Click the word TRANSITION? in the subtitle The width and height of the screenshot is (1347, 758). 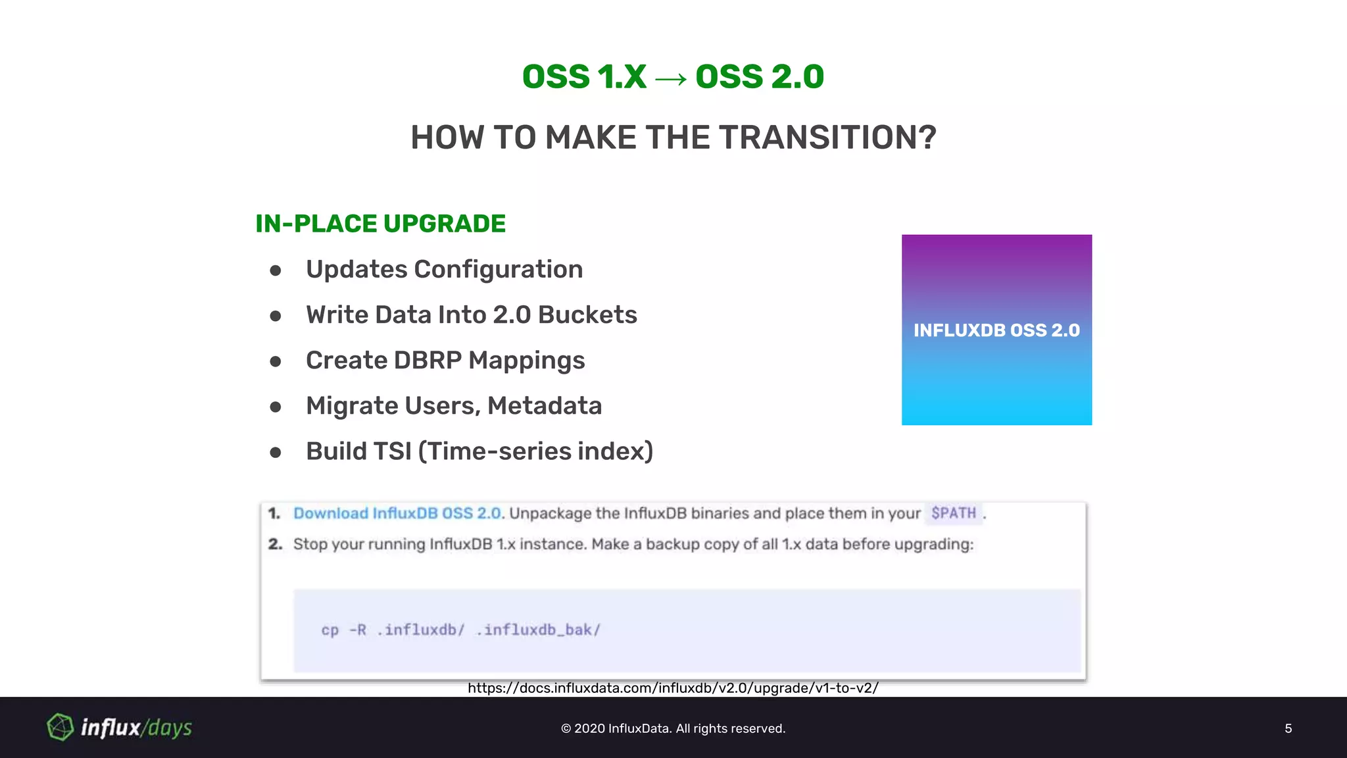pyautogui.click(x=827, y=138)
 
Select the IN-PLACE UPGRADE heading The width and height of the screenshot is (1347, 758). pyautogui.click(x=380, y=224)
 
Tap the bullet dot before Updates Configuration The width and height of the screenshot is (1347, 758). pyautogui.click(x=276, y=270)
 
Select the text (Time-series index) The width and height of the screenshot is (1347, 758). pyautogui.click(x=535, y=451)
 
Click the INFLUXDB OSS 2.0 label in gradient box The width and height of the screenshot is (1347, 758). pyautogui.click(x=996, y=330)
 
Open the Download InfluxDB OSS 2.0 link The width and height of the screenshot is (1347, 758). pyautogui.click(x=397, y=513)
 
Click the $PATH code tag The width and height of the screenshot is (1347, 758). pyautogui.click(x=953, y=513)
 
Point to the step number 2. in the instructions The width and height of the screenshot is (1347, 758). pyautogui.click(x=275, y=544)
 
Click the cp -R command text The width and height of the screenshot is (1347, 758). pyautogui.click(x=343, y=630)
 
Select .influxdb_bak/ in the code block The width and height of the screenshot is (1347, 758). pyautogui.click(x=538, y=630)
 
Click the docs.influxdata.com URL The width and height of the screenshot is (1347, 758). pyautogui.click(x=673, y=688)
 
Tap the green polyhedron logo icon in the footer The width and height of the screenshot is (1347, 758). pyautogui.click(x=61, y=727)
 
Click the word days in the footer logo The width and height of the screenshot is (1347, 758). pyautogui.click(x=170, y=728)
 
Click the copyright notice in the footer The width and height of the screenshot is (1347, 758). pyautogui.click(x=673, y=728)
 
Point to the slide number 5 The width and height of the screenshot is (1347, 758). pyautogui.click(x=1288, y=728)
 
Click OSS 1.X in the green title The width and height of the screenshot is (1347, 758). pyautogui.click(x=584, y=77)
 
